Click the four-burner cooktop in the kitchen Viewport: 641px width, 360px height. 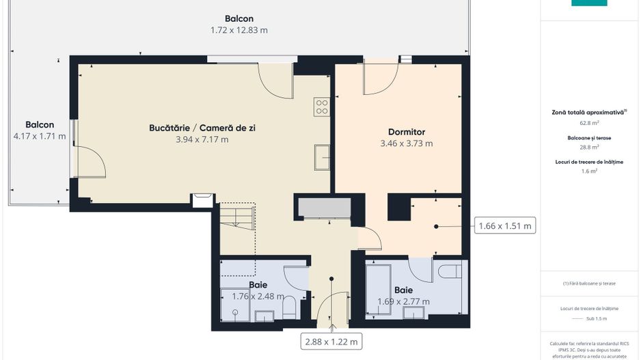[322, 107]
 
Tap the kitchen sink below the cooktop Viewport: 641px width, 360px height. [323, 156]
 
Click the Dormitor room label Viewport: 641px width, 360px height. [407, 132]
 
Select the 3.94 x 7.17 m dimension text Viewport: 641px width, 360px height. [202, 139]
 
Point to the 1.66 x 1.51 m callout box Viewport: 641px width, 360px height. [505, 225]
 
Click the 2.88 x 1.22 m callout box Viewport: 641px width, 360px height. [332, 341]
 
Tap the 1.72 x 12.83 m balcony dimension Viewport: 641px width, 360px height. [239, 30]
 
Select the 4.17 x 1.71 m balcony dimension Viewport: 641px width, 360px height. [40, 136]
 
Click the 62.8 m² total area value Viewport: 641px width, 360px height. [589, 123]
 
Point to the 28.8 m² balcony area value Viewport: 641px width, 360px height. [589, 147]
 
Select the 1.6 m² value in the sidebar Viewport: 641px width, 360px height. [589, 171]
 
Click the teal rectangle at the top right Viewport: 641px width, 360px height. [589, 3]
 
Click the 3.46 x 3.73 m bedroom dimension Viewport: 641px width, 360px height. [407, 143]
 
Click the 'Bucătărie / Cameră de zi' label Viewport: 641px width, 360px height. [202, 128]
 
